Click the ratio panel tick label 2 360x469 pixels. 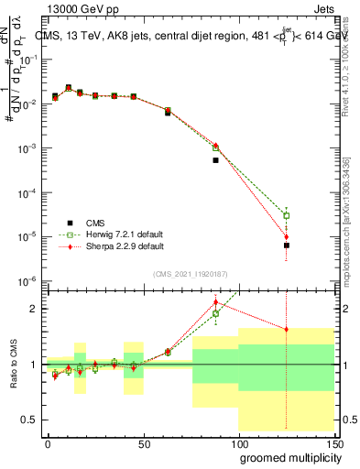[x=31, y=309]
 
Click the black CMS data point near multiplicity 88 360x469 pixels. [x=215, y=160]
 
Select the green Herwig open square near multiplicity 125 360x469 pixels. [x=286, y=216]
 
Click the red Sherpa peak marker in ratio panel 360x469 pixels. [x=215, y=302]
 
